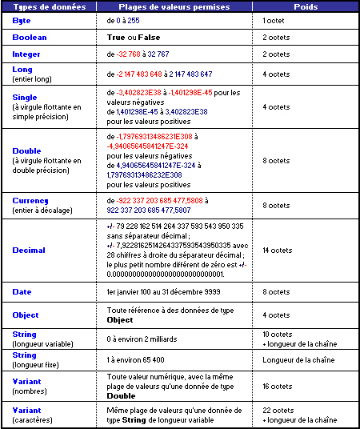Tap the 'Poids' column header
tap(305, 7)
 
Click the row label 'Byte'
tap(22, 20)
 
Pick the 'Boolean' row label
tap(30, 38)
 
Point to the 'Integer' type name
tap(26, 54)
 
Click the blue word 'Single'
tap(24, 96)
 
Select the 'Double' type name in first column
tap(26, 150)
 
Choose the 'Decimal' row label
tap(29, 251)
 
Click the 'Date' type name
tap(22, 292)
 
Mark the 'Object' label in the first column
tap(25, 315)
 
